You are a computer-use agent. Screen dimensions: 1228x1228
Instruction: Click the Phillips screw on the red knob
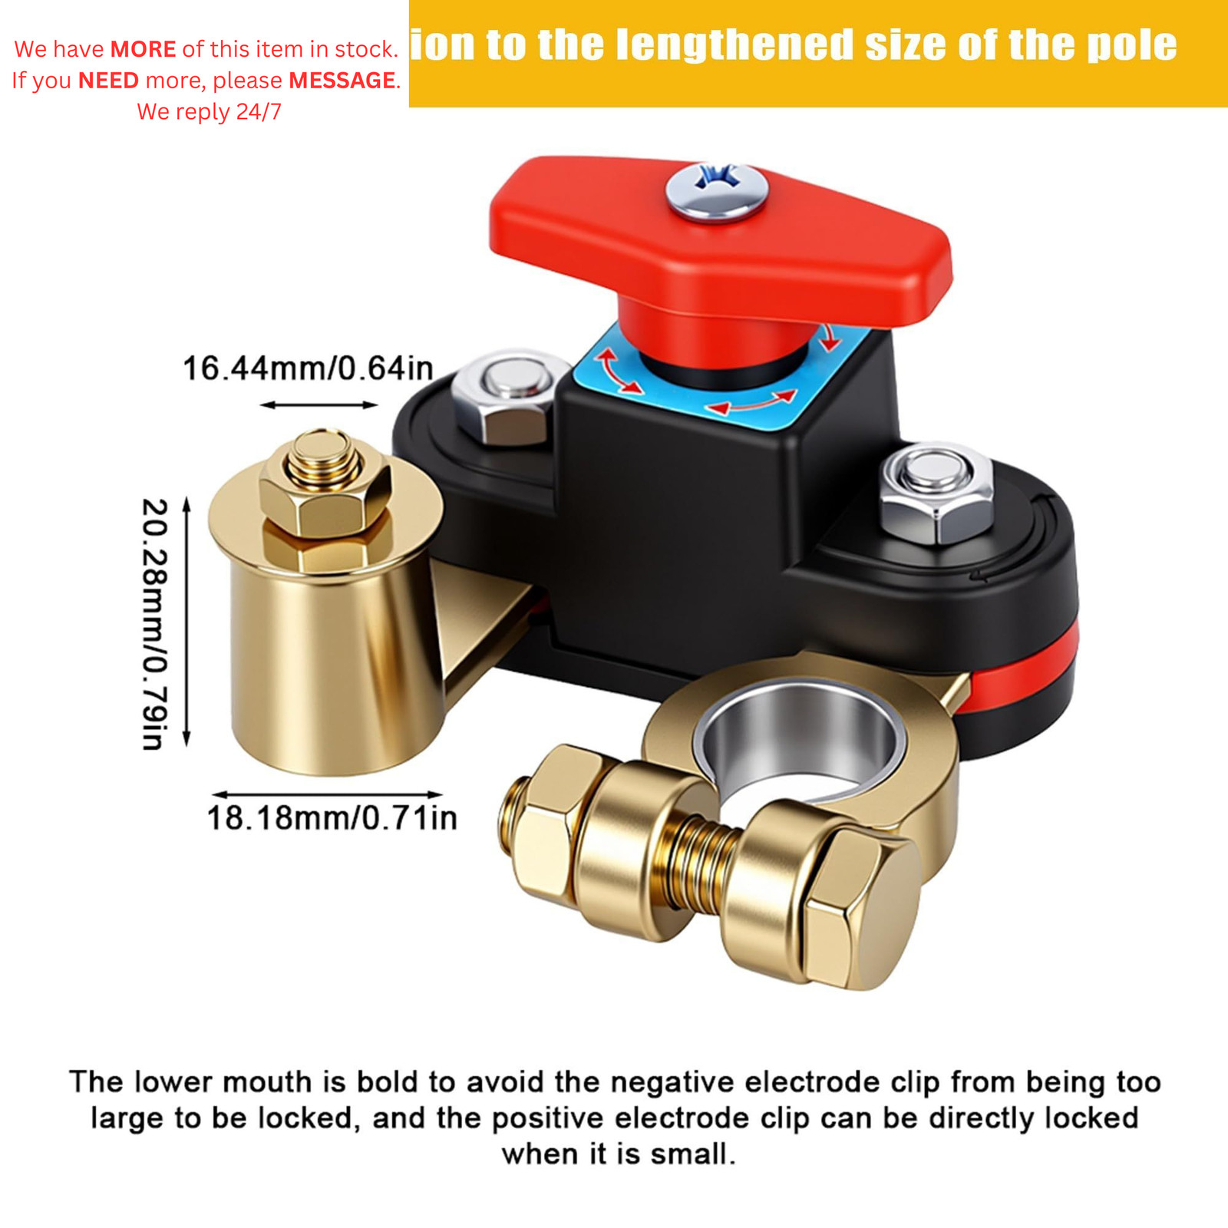point(716,190)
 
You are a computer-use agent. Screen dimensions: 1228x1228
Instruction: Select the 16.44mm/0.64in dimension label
point(308,369)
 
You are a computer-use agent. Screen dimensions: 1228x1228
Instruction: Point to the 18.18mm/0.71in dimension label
point(332,818)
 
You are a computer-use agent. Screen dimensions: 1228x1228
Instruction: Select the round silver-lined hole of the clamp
point(798,737)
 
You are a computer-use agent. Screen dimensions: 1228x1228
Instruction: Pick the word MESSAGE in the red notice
point(342,81)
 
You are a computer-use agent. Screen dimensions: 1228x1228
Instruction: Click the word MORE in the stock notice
point(144,49)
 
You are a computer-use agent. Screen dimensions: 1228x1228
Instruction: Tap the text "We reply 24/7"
point(209,112)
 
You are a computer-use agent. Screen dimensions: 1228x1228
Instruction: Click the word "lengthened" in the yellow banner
point(734,45)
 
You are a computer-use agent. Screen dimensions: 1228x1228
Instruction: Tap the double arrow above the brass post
point(319,404)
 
